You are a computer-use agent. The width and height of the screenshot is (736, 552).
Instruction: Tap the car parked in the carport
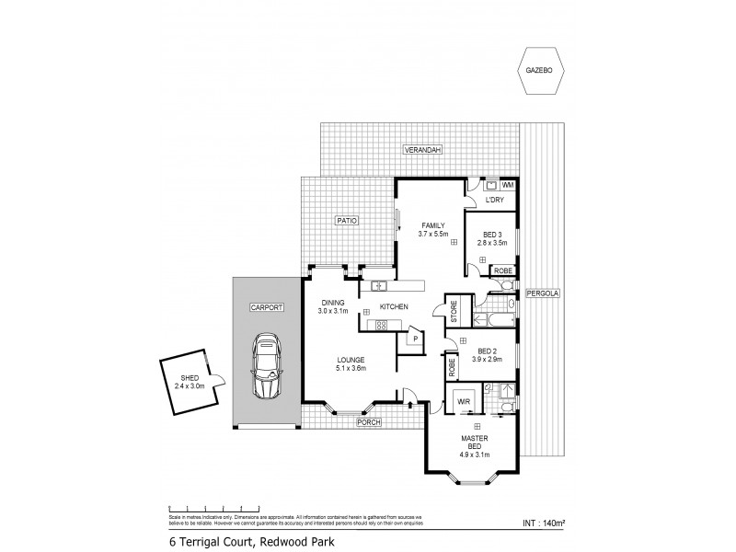click(x=267, y=366)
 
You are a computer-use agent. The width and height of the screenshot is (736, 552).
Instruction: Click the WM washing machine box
click(x=508, y=185)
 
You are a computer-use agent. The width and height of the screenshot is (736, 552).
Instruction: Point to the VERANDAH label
click(x=421, y=149)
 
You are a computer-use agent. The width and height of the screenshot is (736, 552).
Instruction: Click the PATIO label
click(x=346, y=221)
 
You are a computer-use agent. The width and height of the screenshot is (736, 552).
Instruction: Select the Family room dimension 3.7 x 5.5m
click(x=432, y=235)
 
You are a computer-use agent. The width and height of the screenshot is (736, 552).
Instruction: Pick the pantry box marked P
click(x=416, y=339)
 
